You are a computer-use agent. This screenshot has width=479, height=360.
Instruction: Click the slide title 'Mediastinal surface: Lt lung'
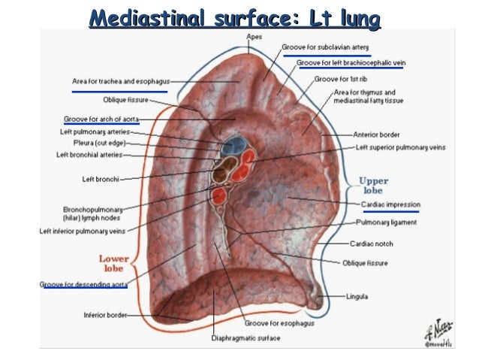(x=233, y=17)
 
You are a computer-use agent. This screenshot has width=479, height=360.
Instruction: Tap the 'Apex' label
(x=255, y=35)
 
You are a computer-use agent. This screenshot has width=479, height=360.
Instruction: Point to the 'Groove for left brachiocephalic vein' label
(x=350, y=62)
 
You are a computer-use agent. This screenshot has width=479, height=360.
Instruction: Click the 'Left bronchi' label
(x=101, y=179)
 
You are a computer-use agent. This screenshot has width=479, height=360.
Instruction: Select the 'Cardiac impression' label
(x=390, y=204)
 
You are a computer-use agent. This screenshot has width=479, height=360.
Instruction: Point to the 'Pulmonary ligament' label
(x=387, y=222)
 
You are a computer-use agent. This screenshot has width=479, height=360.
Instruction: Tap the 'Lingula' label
(x=357, y=297)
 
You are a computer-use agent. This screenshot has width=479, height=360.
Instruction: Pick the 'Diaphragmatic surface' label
(x=246, y=338)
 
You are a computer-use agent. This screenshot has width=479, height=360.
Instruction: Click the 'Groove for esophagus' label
(x=278, y=322)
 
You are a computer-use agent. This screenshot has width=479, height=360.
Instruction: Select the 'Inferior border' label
(x=104, y=315)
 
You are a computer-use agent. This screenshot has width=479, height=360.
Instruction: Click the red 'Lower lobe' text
(x=114, y=263)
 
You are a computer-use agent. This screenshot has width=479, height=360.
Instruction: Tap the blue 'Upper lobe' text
(x=373, y=186)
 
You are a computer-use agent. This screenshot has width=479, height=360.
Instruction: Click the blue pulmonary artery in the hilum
(x=232, y=144)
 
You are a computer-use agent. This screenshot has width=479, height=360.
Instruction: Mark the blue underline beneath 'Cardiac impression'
(x=390, y=213)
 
